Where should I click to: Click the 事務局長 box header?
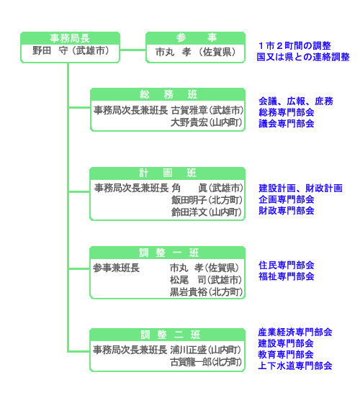70,38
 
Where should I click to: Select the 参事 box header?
196,38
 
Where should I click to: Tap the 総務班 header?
168,94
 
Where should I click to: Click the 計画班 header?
167,173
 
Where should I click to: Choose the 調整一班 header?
167,253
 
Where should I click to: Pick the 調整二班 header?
167,335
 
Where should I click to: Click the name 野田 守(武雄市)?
71,50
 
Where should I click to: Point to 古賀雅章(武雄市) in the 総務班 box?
207,110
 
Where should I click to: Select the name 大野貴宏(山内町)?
207,122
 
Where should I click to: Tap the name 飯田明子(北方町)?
207,200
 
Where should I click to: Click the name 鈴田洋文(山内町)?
207,212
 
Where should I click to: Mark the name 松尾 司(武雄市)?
206,280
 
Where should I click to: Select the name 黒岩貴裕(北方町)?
206,292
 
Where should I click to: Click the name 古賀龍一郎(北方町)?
206,362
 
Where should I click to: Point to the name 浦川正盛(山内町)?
205,350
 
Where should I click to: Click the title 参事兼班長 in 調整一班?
116,268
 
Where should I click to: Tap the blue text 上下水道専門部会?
295,366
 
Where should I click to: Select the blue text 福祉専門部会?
287,276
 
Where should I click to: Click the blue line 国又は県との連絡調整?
303,57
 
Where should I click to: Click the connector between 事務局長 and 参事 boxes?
132,50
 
